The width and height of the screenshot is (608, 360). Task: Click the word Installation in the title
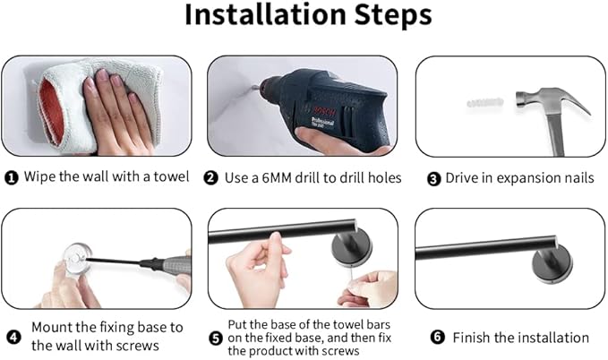pyautogui.click(x=265, y=15)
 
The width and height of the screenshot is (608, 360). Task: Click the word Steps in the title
pyautogui.click(x=393, y=16)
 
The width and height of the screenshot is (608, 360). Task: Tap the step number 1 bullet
pyautogui.click(x=12, y=178)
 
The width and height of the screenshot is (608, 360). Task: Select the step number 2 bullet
pyautogui.click(x=210, y=178)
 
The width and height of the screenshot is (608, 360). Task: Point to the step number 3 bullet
pyautogui.click(x=434, y=179)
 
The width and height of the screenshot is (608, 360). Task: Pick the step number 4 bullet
pyautogui.click(x=13, y=337)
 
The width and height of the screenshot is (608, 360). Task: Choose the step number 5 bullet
pyautogui.click(x=216, y=338)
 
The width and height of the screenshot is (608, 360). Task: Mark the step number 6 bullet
pyautogui.click(x=437, y=337)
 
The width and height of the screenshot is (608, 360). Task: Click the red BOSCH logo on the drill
pyautogui.click(x=324, y=111)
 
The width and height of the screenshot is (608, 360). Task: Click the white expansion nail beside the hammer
pyautogui.click(x=485, y=103)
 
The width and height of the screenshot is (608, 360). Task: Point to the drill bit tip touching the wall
pyautogui.click(x=252, y=88)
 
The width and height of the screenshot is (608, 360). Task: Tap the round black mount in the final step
pyautogui.click(x=552, y=266)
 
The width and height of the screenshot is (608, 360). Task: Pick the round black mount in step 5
pyautogui.click(x=352, y=247)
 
